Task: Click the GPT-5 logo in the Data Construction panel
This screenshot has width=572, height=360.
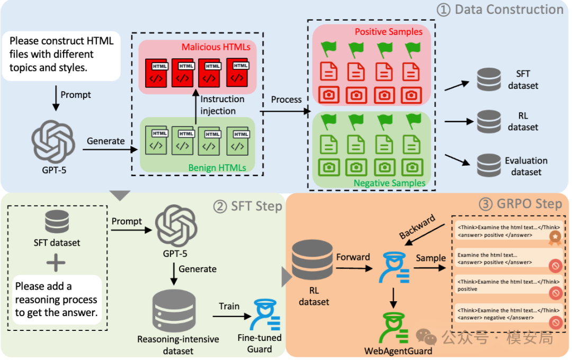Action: [53, 141]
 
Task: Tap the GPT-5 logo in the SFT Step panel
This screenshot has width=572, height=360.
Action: [176, 226]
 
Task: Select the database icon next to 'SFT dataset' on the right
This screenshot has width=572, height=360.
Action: [489, 79]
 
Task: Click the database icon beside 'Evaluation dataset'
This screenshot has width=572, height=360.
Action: [489, 166]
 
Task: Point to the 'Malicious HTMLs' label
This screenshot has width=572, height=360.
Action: [216, 47]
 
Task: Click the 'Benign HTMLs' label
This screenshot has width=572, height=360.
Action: [217, 168]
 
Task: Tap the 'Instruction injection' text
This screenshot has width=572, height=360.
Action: [222, 105]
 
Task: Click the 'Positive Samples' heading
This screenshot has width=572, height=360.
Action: [389, 32]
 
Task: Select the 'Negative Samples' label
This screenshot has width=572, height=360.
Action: [389, 183]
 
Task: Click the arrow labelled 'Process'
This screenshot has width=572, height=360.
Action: [285, 111]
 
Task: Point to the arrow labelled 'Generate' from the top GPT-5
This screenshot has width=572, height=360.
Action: [110, 149]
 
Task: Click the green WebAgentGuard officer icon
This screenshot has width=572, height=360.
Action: [394, 328]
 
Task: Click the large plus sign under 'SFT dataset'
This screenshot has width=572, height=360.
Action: [56, 263]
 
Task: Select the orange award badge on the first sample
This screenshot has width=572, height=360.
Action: [555, 238]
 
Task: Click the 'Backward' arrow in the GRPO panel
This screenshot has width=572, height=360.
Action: [425, 235]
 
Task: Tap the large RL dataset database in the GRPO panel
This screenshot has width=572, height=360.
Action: [312, 260]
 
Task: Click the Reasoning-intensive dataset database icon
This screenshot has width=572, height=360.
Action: [174, 311]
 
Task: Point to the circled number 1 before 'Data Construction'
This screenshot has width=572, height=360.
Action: [443, 10]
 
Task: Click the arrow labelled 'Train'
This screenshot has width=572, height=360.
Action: [232, 316]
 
